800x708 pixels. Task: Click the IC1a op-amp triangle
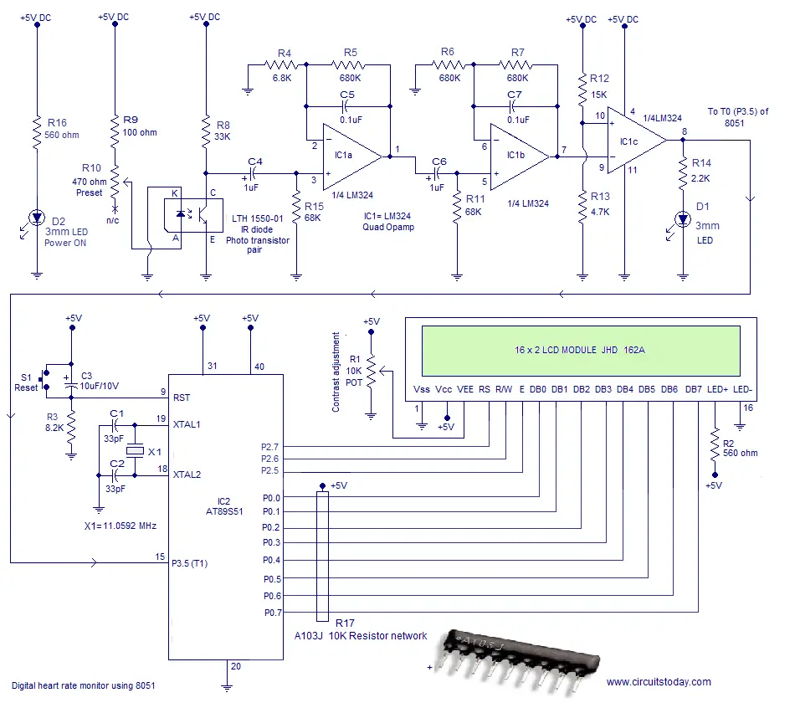point(352,156)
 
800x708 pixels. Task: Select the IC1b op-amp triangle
point(520,156)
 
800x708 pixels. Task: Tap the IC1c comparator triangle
point(636,140)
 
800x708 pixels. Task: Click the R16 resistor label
point(57,122)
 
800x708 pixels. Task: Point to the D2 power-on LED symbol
point(36,218)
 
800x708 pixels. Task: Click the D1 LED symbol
point(683,220)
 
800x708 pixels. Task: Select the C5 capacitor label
point(347,95)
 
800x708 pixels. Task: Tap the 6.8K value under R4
point(282,78)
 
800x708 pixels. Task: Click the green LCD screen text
point(580,350)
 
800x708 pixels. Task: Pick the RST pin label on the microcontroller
point(182,398)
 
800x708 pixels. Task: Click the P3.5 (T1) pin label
point(189,563)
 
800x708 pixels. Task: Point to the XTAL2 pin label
point(187,475)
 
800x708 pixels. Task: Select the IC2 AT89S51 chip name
point(224,506)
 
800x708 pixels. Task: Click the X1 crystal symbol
point(135,450)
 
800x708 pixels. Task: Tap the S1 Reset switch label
point(26,382)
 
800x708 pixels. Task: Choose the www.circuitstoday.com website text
point(659,682)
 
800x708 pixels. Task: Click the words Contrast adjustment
point(336,372)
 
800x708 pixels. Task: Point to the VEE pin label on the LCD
point(464,389)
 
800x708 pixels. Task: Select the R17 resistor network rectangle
point(322,556)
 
